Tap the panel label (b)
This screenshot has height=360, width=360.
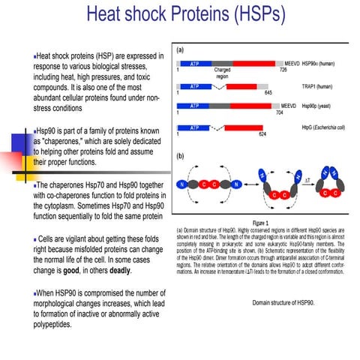point(181,157)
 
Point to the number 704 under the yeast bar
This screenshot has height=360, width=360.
point(280,113)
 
